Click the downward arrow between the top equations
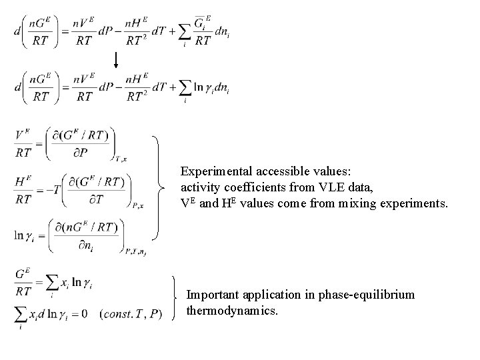(x=116, y=60)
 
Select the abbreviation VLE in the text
(x=323, y=186)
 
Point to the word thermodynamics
(x=231, y=311)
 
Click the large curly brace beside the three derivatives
(x=158, y=187)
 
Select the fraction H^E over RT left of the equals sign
(x=25, y=190)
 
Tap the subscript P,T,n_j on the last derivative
(x=137, y=251)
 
